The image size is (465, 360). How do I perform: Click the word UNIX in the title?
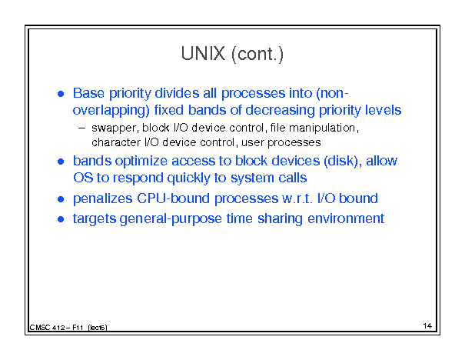pos(203,54)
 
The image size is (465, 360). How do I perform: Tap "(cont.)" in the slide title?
pos(257,55)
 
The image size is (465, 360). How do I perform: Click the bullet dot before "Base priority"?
pos(61,94)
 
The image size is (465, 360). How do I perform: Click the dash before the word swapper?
pos(81,128)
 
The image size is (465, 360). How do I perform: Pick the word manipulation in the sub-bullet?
pos(324,128)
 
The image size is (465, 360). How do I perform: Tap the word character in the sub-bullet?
pos(116,142)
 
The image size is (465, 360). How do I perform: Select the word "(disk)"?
pos(343,162)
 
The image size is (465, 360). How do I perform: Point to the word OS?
pos(83,178)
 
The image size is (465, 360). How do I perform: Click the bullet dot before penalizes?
pos(61,199)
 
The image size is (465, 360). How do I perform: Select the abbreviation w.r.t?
pos(297,198)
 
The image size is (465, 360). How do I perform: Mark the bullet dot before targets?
pos(61,219)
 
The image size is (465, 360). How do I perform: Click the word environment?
pos(346,218)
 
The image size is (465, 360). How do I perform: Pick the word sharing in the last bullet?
pos(280,219)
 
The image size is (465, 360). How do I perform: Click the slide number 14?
pos(427,326)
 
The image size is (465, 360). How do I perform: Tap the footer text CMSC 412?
pos(47,328)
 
